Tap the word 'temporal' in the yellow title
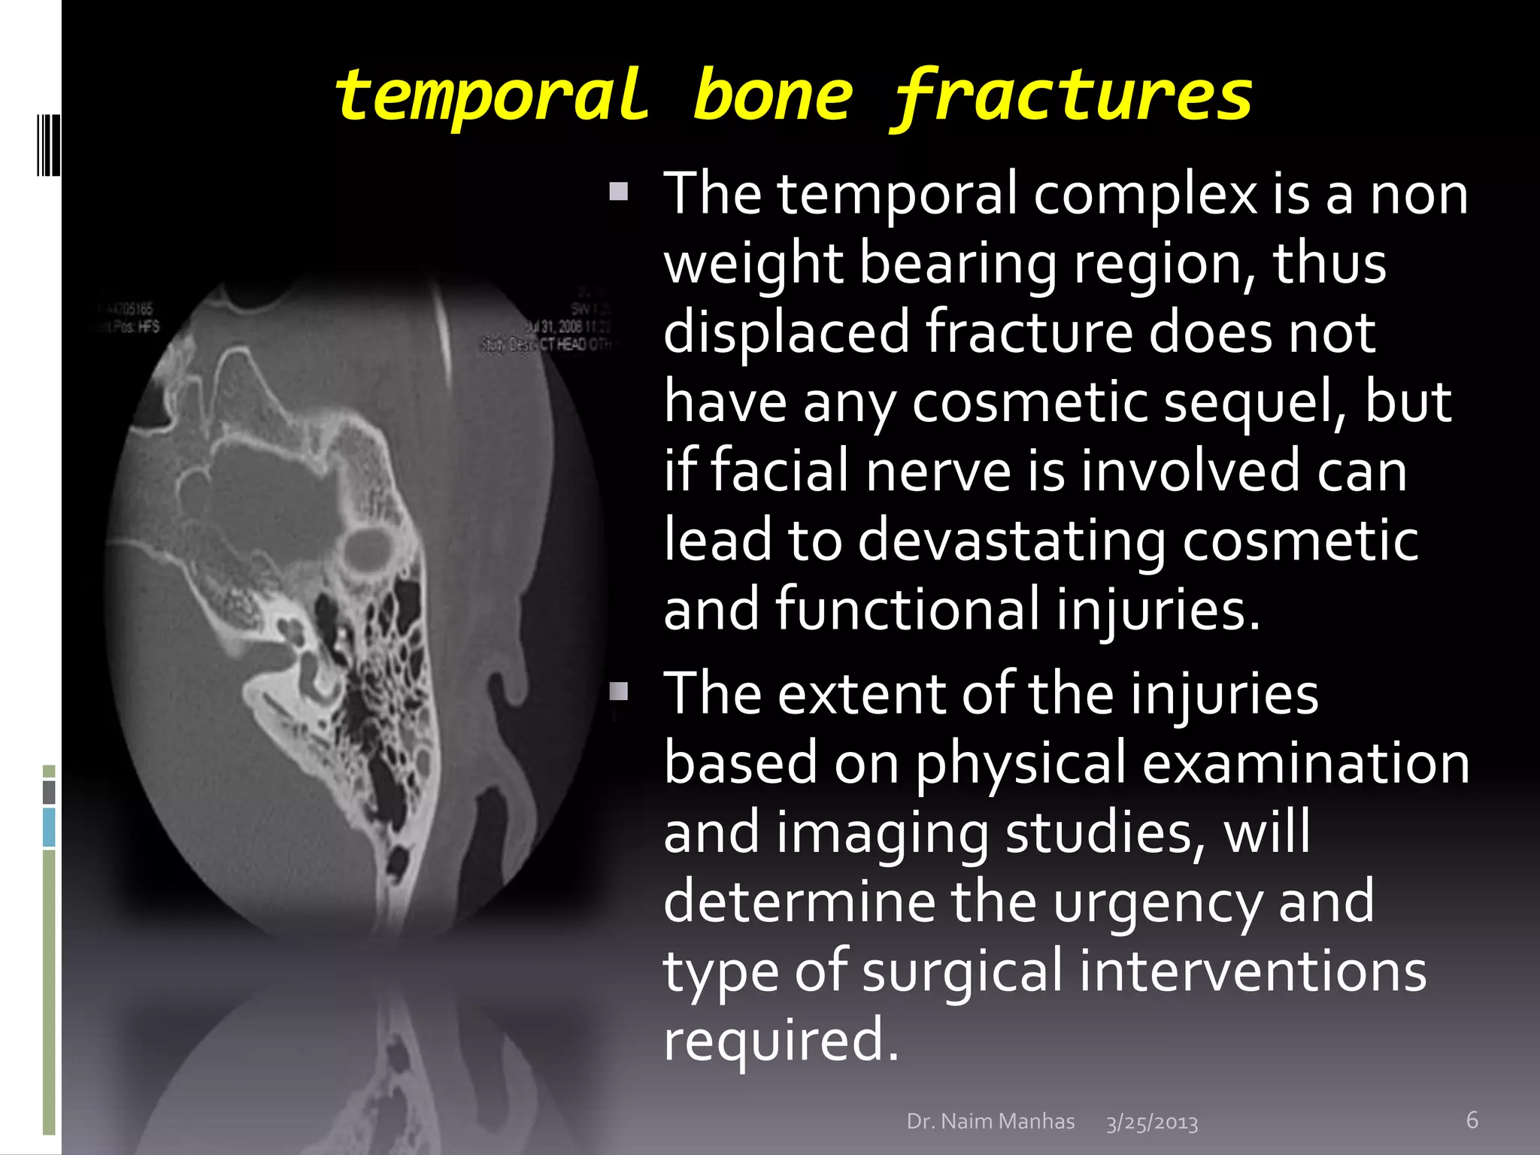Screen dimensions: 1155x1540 [x=491, y=96]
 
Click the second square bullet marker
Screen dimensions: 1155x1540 [x=618, y=690]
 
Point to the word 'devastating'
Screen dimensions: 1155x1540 [x=1011, y=540]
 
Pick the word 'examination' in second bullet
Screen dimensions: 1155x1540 [x=1305, y=763]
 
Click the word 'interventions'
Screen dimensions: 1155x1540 [x=1252, y=971]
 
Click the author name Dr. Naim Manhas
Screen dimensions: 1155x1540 [x=990, y=1121]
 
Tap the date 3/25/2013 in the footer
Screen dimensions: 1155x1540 [x=1151, y=1123]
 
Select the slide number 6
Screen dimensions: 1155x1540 [x=1472, y=1120]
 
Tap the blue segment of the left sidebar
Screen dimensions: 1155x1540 [x=49, y=827]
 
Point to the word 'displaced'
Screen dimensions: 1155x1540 [x=786, y=332]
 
